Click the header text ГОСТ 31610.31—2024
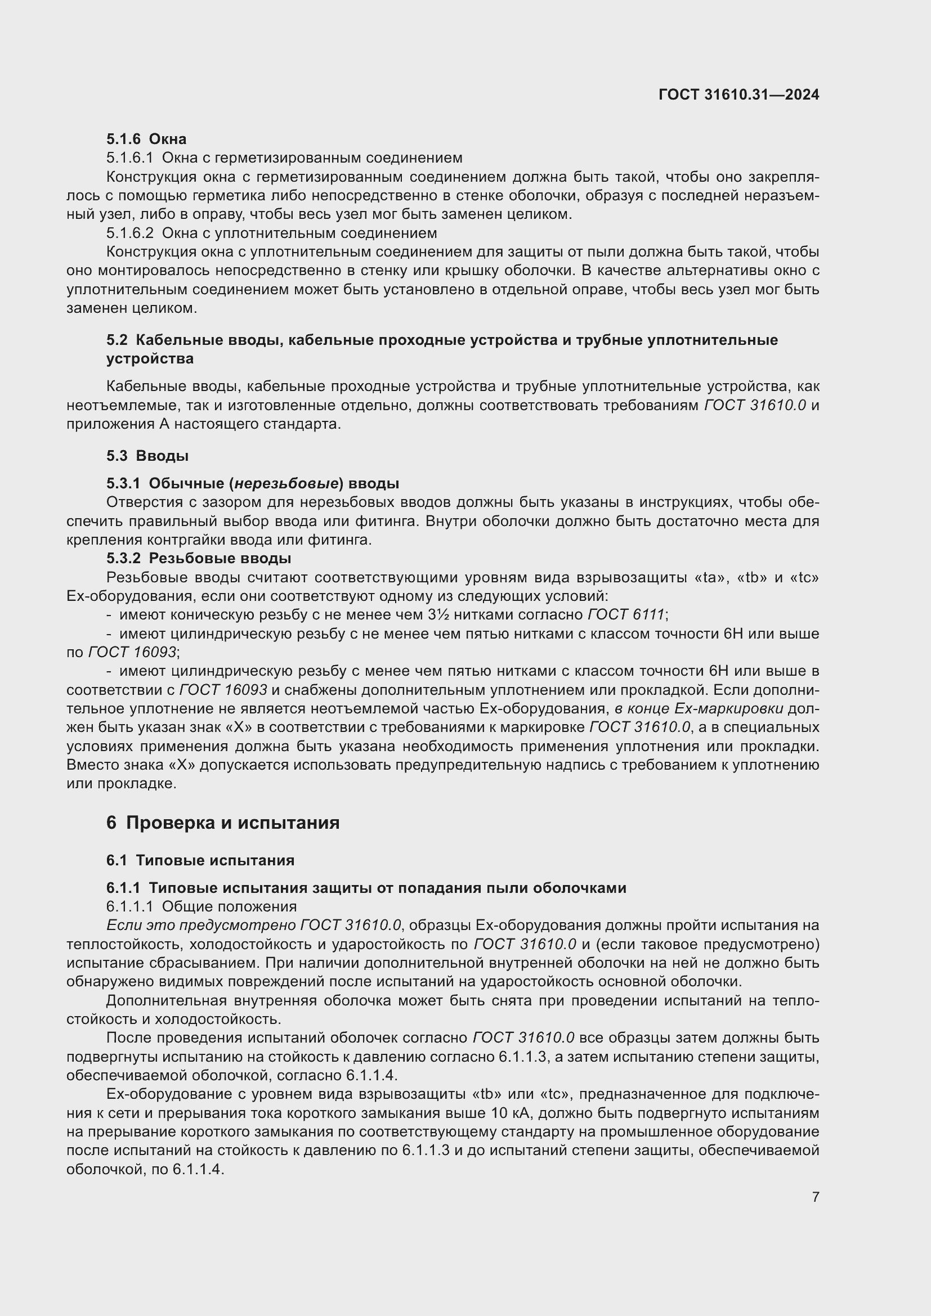click(x=738, y=95)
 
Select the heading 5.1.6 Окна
click(x=146, y=139)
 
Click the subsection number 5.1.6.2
click(x=130, y=233)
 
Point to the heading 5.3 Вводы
click(x=147, y=456)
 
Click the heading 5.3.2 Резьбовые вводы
click(x=198, y=558)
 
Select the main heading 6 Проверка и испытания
click(x=222, y=823)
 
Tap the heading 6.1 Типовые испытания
click(x=200, y=860)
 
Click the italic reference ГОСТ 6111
click(x=626, y=615)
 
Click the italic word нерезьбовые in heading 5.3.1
click(x=286, y=483)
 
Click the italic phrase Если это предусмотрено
click(x=201, y=926)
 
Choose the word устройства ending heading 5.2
click(x=150, y=359)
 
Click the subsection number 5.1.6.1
click(x=130, y=158)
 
